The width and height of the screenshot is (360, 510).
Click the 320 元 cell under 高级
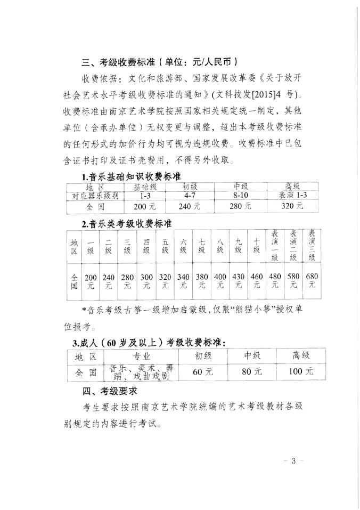click(292, 206)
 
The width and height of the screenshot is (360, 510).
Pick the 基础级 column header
click(140, 187)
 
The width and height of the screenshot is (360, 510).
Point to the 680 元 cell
click(312, 281)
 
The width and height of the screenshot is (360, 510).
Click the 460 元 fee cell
click(257, 281)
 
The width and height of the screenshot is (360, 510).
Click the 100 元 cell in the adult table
click(300, 372)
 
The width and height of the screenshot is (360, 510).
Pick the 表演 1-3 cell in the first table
click(292, 196)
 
